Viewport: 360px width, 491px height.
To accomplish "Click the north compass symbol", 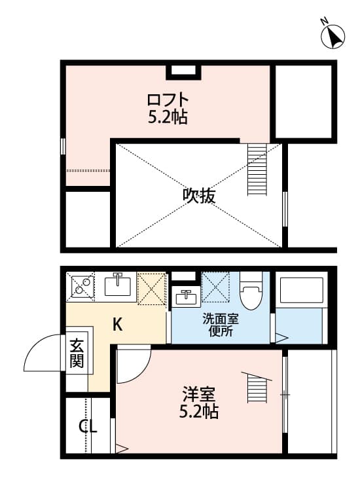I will point(333,35).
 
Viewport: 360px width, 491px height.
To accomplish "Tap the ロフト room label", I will point(168,100).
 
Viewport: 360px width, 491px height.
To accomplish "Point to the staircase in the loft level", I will point(257,170).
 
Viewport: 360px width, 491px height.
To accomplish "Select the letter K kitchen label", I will point(117,323).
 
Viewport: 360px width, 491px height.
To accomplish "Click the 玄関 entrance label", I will point(77,354).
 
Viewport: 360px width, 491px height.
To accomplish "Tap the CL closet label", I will point(88,427).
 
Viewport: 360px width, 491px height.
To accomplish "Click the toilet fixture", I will point(250,291).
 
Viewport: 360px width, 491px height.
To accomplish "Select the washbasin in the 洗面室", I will point(185,296).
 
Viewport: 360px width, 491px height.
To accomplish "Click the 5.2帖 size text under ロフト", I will point(168,118).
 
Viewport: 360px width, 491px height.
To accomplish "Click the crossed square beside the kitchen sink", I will point(152,288).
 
